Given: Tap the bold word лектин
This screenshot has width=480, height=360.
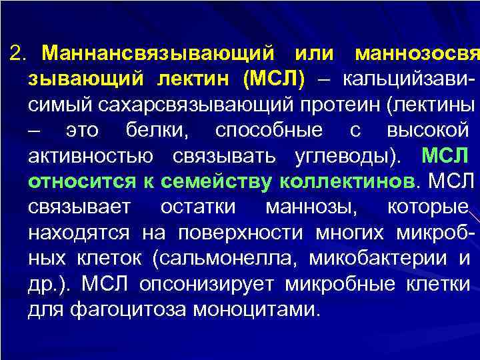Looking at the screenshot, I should [x=195, y=79].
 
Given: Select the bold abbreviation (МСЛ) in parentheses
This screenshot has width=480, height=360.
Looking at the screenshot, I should [x=273, y=79].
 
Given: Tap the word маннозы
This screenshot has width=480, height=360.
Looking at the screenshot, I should [x=311, y=207].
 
